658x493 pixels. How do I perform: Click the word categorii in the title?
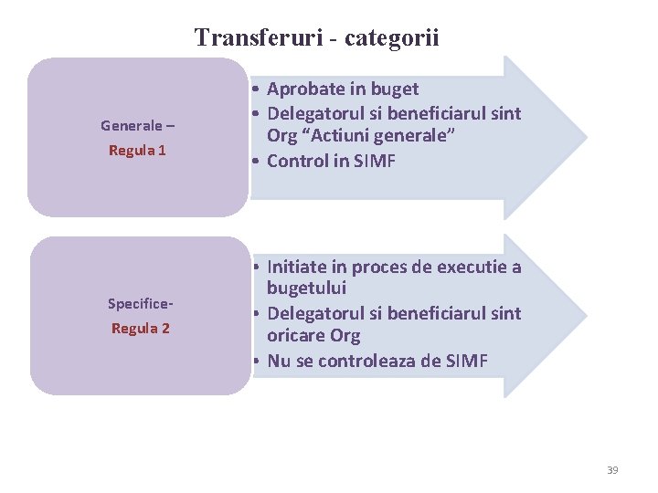click(x=393, y=38)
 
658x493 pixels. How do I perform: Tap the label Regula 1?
click(x=137, y=150)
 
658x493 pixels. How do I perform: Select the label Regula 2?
click(x=140, y=328)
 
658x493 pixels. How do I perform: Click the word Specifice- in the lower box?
click(x=141, y=303)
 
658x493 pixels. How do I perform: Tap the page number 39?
click(x=612, y=470)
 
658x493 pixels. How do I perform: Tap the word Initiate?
click(x=297, y=267)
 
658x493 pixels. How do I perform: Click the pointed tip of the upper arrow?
click(x=585, y=137)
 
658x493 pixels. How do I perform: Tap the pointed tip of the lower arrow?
click(x=585, y=315)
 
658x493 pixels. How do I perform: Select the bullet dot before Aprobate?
click(x=259, y=89)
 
